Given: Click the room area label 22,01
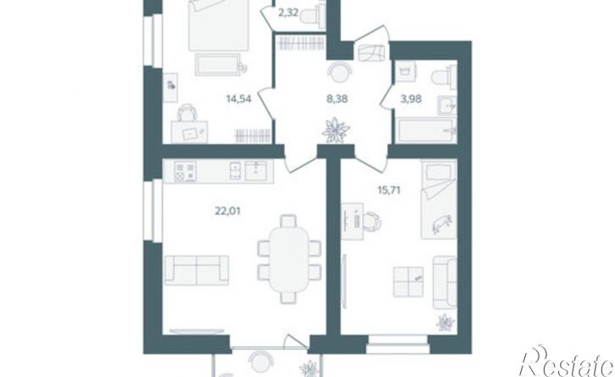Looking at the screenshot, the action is tap(227, 211).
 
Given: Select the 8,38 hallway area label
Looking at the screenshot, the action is tap(338, 98).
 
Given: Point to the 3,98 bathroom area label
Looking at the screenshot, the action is tap(411, 98).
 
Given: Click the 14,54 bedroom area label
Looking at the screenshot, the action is tap(238, 98).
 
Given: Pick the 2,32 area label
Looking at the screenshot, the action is tap(288, 13).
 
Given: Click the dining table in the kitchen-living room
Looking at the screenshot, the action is tap(289, 259).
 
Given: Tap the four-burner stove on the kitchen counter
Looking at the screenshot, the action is tap(185, 172).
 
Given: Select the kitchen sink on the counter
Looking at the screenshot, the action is tap(255, 171).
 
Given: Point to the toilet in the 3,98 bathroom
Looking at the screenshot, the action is tap(444, 76).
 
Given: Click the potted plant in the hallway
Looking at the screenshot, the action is tap(336, 130).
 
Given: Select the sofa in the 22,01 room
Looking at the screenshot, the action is tap(197, 270).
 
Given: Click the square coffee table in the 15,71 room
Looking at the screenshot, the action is tap(408, 282).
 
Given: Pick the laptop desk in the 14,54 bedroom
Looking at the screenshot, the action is tap(189, 132).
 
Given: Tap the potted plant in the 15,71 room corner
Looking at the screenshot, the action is tap(445, 323).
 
